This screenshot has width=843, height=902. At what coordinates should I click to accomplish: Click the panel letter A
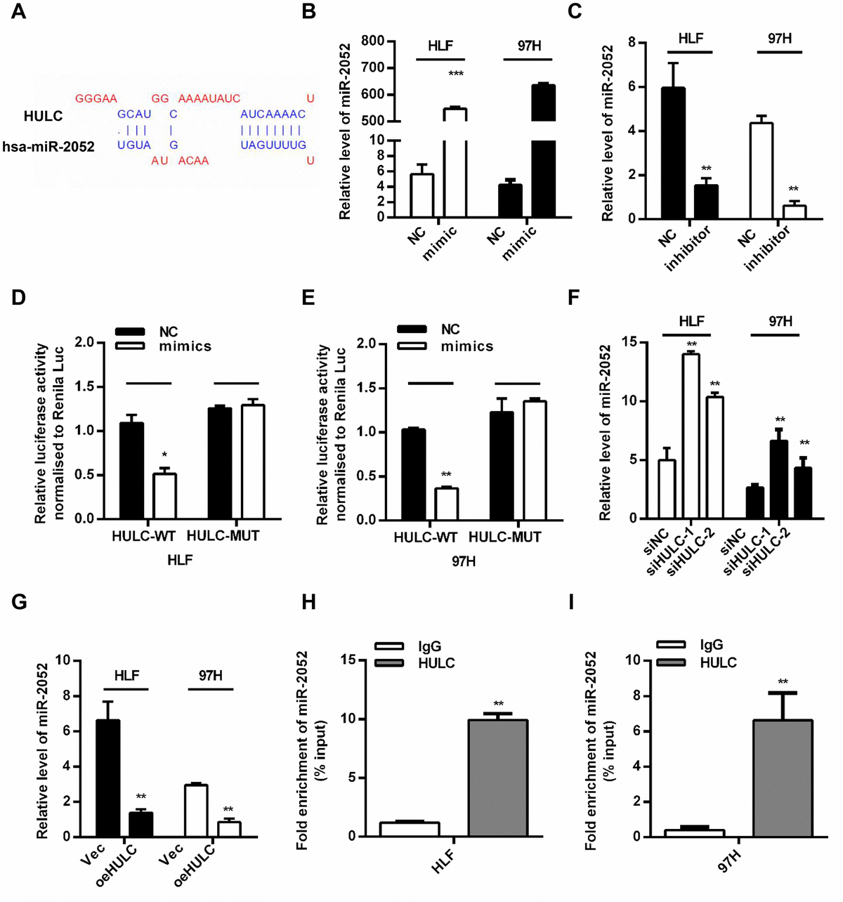coord(18,13)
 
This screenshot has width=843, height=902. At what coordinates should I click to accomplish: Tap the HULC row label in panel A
coord(43,116)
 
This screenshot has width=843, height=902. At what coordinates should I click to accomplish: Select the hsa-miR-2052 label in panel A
coord(48,145)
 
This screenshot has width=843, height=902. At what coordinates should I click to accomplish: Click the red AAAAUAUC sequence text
coord(209,99)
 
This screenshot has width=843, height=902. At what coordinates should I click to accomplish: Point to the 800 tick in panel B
coord(373,41)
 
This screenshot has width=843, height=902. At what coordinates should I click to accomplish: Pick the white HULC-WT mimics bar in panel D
coord(164,496)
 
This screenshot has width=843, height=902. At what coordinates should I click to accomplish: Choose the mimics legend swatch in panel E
coord(412,346)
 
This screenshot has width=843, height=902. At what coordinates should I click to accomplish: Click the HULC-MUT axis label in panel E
coord(505,537)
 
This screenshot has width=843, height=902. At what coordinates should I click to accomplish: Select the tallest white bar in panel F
coord(691,436)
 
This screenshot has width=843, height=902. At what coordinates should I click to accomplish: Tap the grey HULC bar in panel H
coord(497,778)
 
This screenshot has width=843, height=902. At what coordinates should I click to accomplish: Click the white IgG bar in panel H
coord(410,829)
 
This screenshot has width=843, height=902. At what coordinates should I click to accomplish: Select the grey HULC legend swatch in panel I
coord(672,662)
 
